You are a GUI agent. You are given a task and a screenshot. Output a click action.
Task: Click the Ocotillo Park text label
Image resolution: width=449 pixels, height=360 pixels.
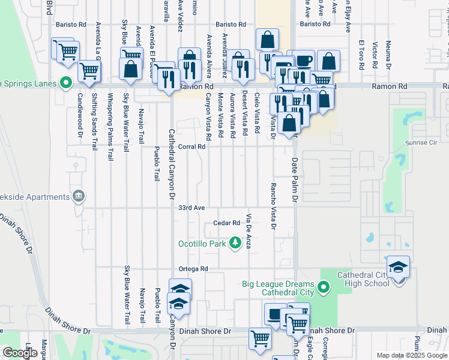202,244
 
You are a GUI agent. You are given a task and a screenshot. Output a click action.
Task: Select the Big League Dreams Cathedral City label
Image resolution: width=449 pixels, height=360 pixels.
278,288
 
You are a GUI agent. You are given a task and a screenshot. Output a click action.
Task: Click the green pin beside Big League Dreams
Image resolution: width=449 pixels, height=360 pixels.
324,289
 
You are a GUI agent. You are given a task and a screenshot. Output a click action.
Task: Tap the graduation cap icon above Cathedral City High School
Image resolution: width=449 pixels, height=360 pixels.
399,266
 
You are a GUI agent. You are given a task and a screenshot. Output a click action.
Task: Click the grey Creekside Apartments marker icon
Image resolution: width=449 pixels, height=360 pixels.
79,197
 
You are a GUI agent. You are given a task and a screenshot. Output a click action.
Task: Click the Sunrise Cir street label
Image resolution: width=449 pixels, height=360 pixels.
421,143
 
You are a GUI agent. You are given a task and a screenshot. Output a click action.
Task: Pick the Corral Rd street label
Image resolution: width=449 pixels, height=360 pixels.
192,146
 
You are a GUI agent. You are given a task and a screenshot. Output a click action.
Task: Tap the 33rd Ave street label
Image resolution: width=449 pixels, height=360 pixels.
192,208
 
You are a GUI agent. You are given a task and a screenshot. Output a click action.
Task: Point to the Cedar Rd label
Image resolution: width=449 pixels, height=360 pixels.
227,223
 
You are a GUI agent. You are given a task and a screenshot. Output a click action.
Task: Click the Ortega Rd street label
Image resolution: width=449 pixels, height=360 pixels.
192,269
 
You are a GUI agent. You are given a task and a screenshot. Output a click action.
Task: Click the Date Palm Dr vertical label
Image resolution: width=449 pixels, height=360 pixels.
295,181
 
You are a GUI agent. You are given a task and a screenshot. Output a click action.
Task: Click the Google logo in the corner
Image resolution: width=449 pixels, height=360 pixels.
20,353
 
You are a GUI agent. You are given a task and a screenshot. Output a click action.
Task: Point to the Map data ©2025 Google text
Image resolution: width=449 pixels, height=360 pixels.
411,355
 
